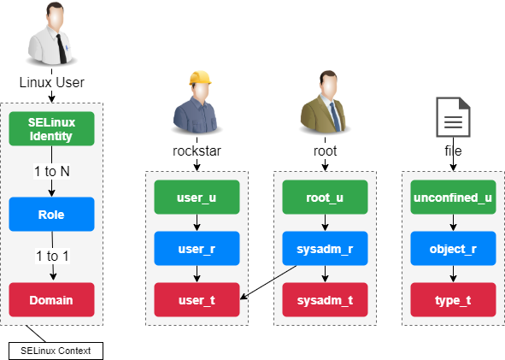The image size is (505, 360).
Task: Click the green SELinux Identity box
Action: click(x=51, y=130)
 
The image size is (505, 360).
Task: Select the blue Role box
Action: click(x=51, y=215)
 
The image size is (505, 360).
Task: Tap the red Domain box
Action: click(x=51, y=299)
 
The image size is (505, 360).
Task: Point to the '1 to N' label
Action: click(x=51, y=172)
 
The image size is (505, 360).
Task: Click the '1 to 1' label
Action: click(x=51, y=257)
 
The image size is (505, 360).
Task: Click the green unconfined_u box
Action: click(x=452, y=198)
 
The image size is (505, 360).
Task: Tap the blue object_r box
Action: click(x=452, y=249)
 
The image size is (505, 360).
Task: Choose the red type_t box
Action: click(x=452, y=299)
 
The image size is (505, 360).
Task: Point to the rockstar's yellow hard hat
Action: click(x=199, y=79)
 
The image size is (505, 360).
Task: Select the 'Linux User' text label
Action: click(x=51, y=83)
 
